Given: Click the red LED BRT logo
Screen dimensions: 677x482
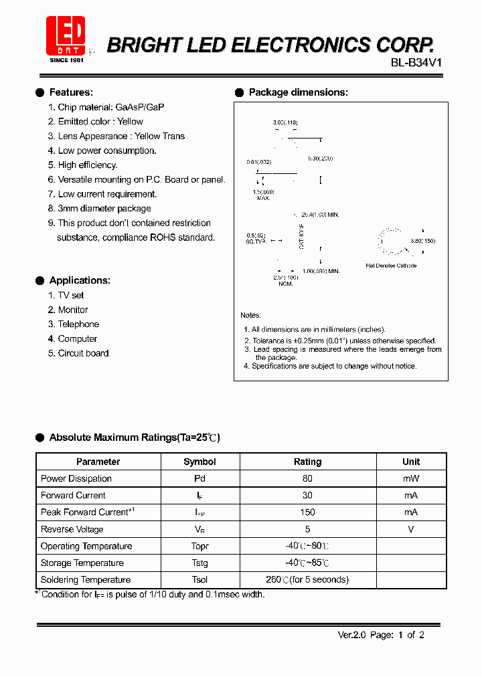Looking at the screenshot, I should [x=65, y=36].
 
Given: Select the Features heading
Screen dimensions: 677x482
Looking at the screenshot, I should [x=71, y=92].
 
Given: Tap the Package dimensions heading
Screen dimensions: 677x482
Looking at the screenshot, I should [x=298, y=92].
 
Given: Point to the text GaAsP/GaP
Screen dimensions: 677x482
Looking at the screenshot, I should [x=140, y=107].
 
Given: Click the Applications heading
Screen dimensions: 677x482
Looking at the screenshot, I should [x=80, y=280].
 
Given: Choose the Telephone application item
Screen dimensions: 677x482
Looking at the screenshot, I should [x=78, y=324].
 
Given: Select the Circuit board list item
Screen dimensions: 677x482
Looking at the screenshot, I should [x=83, y=353].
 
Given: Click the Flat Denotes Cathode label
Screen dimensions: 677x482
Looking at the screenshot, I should [x=391, y=266].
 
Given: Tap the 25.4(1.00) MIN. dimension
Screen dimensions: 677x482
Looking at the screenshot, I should [x=320, y=215].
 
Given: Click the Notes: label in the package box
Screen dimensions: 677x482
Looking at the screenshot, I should [x=250, y=315].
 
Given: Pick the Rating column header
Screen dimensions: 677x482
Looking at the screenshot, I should [x=307, y=462].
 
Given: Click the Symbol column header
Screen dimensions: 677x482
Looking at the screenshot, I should [x=199, y=462].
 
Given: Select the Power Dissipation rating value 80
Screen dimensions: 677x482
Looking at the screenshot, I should [x=307, y=478].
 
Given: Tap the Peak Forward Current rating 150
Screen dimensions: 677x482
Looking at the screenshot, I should [x=307, y=512].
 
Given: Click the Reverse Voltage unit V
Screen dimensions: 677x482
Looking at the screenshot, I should [x=410, y=529].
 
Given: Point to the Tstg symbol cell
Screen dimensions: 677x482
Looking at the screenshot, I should [x=199, y=563].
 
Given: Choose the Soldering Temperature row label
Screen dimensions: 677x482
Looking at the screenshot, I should [x=86, y=579].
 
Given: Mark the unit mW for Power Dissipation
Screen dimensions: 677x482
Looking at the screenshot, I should [x=410, y=478].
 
